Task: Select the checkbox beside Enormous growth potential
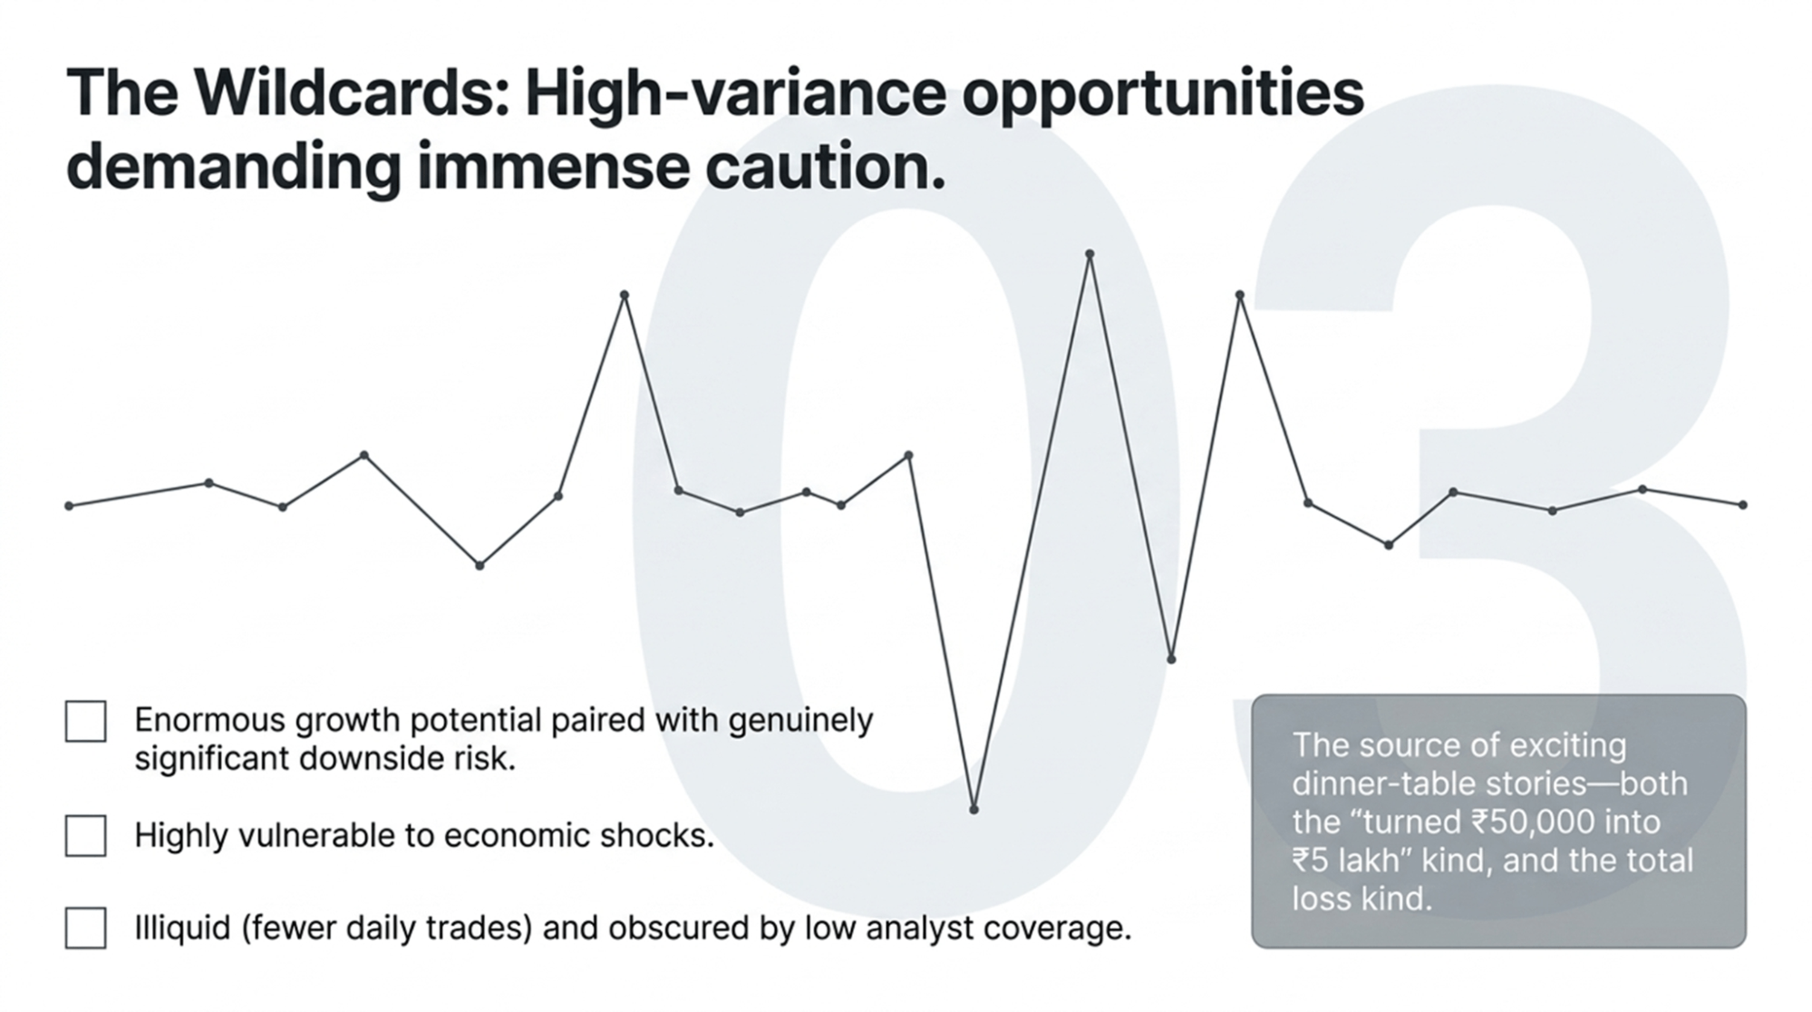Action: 86,722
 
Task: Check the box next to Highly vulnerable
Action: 86,835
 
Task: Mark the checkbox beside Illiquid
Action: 86,929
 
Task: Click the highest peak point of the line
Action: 1090,255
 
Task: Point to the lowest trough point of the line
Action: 974,809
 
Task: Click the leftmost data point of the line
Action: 70,505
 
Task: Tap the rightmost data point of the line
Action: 1743,505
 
